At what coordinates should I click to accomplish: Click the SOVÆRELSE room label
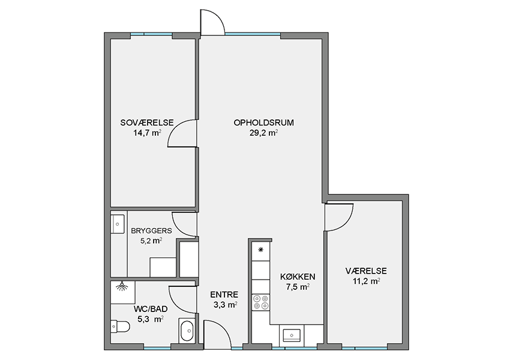(x=147, y=122)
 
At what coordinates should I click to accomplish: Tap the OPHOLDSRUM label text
(x=264, y=122)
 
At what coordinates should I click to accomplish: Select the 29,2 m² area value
(x=264, y=133)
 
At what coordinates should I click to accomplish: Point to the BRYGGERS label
(x=151, y=231)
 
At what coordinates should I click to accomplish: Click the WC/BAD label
(x=151, y=309)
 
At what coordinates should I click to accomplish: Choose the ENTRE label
(x=224, y=295)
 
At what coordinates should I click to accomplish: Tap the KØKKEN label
(x=298, y=277)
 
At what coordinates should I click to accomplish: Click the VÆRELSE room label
(x=366, y=271)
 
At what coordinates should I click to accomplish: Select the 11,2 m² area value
(x=366, y=281)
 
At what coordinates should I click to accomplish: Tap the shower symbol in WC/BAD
(x=122, y=287)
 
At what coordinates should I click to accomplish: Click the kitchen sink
(x=292, y=335)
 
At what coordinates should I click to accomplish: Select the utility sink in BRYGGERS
(x=118, y=224)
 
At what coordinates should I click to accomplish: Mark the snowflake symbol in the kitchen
(x=260, y=250)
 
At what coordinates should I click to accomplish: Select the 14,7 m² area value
(x=147, y=133)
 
